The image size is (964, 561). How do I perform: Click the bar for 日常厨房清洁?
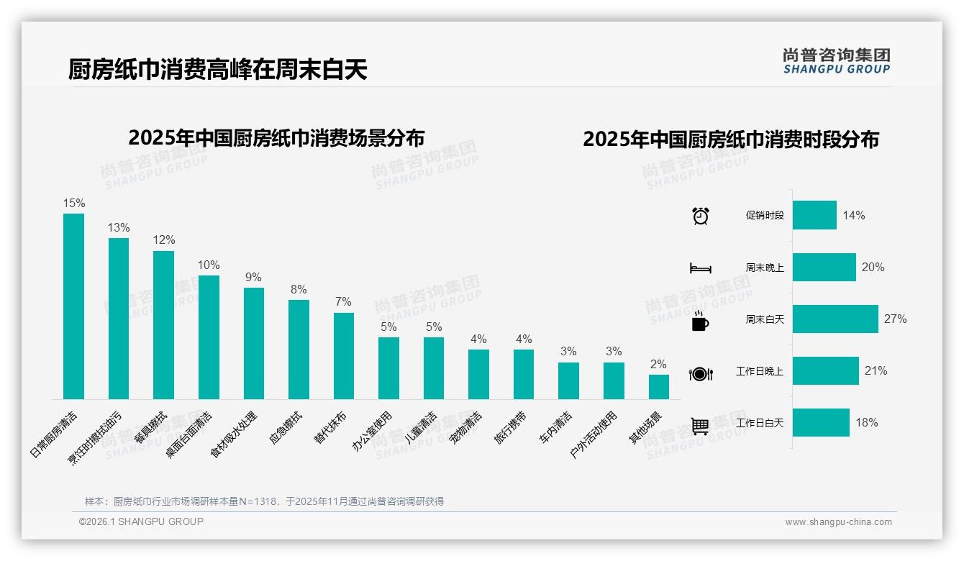click(73, 306)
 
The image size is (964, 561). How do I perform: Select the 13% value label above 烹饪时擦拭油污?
click(119, 227)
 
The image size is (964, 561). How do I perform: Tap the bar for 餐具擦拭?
click(163, 324)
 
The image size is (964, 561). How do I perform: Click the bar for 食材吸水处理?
click(254, 343)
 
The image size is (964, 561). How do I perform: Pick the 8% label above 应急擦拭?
click(299, 289)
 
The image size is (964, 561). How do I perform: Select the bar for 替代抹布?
click(344, 355)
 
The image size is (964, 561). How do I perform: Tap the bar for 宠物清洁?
click(478, 374)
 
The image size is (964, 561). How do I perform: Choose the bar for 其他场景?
click(658, 386)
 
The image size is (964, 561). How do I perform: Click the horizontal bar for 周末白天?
click(835, 319)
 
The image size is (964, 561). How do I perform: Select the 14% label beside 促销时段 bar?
click(854, 215)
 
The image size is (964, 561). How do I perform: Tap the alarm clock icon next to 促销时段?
click(700, 216)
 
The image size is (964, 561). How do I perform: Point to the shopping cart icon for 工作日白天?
click(700, 426)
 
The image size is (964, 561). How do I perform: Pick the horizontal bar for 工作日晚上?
click(825, 371)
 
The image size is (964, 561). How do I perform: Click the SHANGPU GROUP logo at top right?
click(836, 61)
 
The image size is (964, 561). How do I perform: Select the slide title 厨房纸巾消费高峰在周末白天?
click(217, 69)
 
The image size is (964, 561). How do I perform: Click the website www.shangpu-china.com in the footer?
click(838, 522)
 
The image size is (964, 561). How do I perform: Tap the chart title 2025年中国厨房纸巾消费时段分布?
click(730, 139)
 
